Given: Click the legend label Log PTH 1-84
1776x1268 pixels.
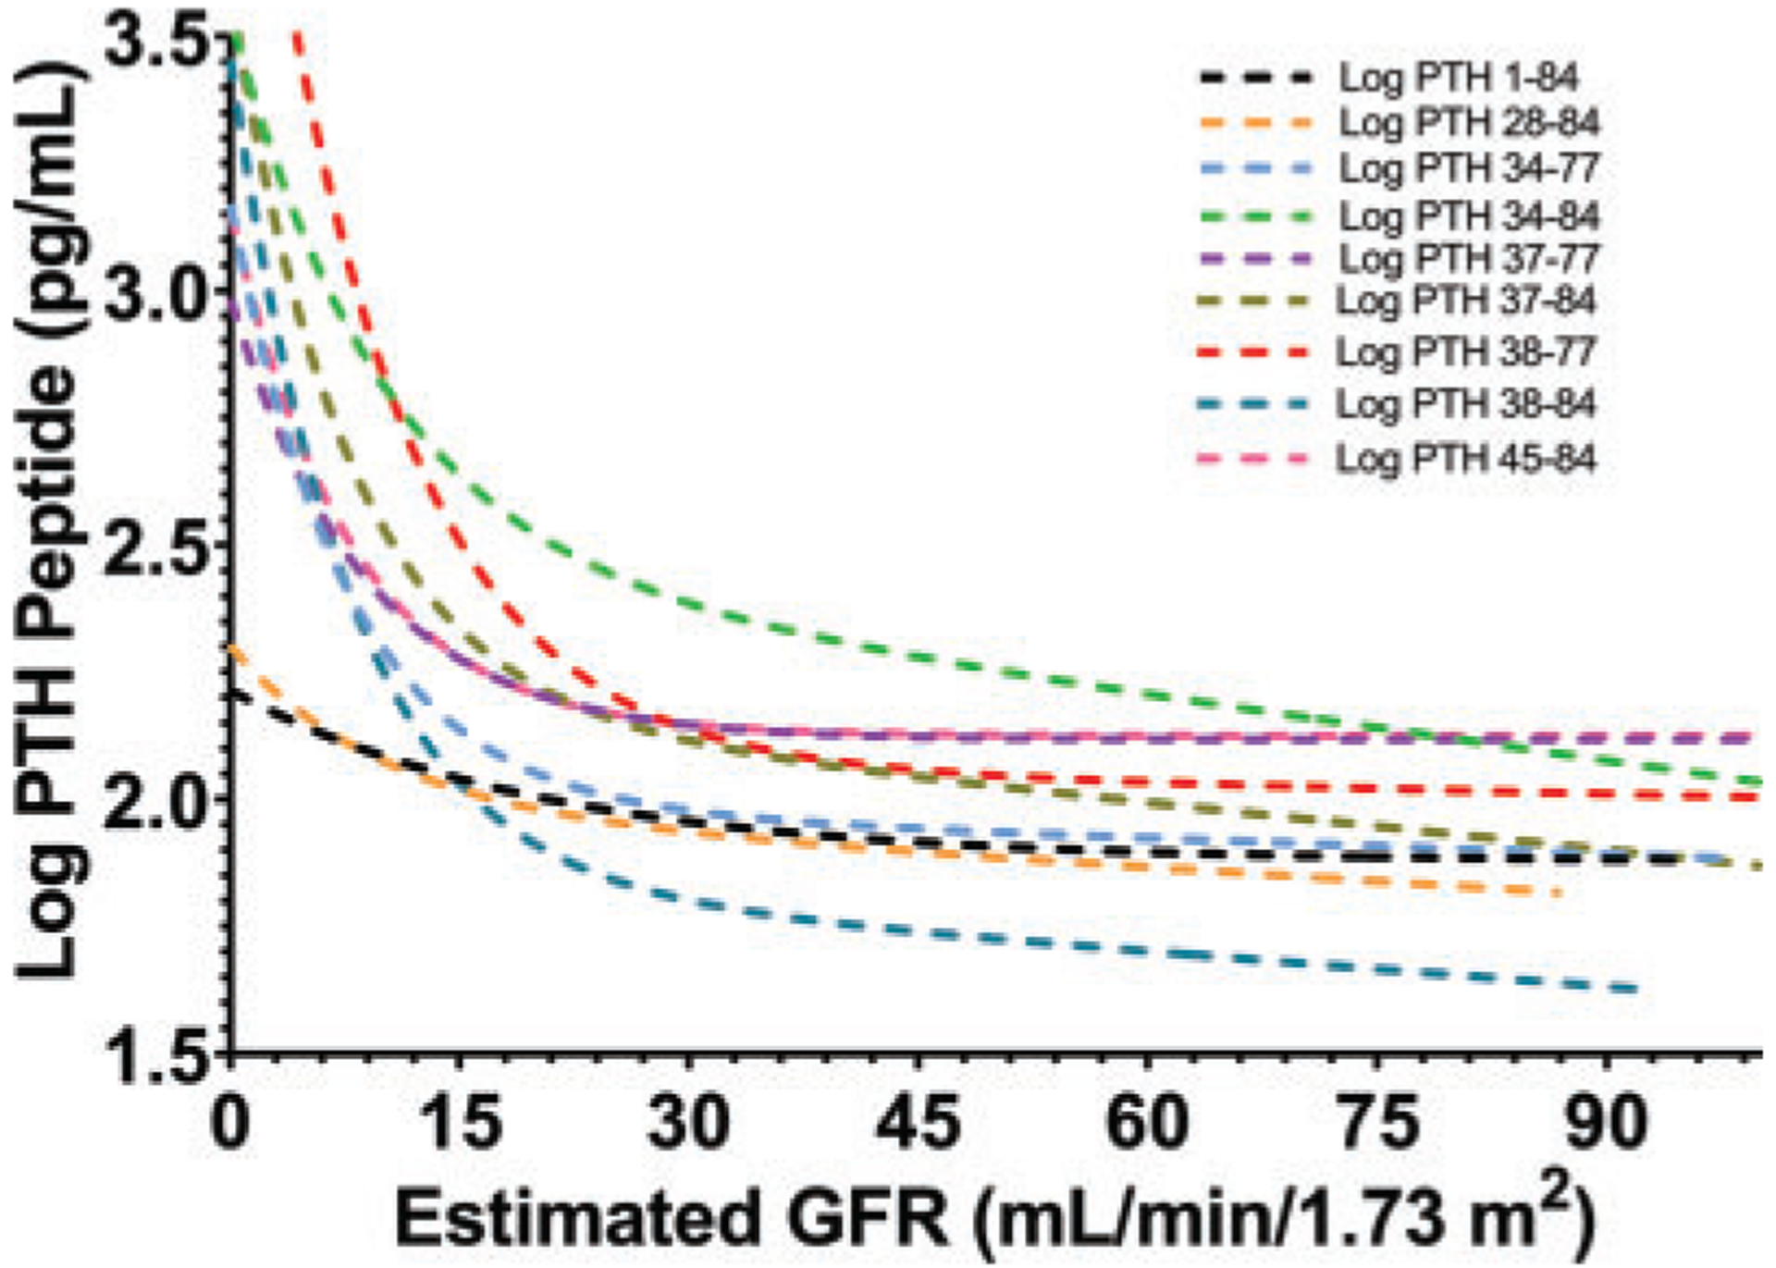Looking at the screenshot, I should click(1459, 79).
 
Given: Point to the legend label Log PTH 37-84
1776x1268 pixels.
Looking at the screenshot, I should click(1467, 302).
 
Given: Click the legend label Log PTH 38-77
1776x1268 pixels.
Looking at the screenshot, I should click(1467, 352).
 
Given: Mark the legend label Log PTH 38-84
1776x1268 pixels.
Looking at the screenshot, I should click(1467, 405).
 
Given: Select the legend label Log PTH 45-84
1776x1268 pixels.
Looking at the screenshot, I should click(1467, 459).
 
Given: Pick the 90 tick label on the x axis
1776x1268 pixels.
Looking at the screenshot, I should click(1608, 1125).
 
